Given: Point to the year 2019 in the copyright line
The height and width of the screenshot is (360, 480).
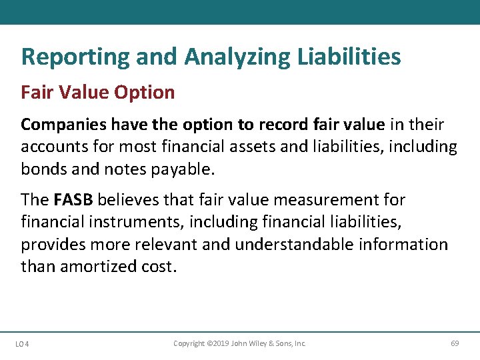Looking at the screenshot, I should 218,343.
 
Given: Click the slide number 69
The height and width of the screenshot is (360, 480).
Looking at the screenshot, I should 455,343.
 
